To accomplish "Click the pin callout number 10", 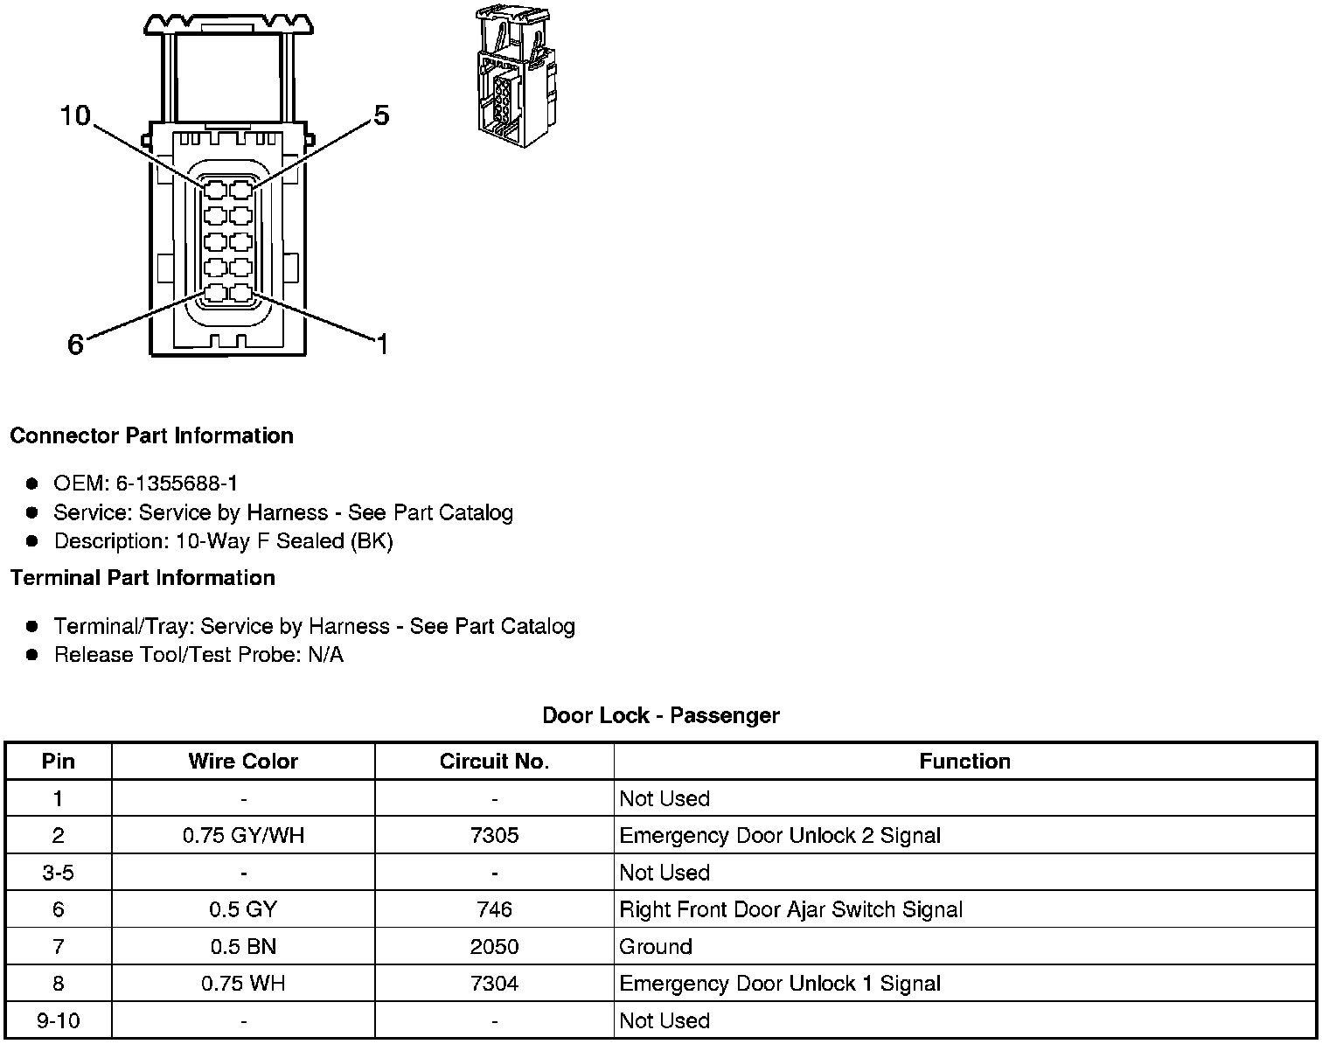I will coord(75,115).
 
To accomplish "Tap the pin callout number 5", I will coord(381,115).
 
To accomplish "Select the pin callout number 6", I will coord(76,345).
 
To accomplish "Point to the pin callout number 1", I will coord(382,345).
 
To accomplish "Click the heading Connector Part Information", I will coord(151,435).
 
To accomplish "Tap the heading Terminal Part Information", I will coord(143,578).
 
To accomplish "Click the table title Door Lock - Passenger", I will coord(661,715).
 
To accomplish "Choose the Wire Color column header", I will coord(243,762).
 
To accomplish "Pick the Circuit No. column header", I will coord(494,762).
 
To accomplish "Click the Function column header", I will coord(964,762).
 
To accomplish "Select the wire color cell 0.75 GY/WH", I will coord(243,835).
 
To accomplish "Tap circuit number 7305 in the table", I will coord(494,835).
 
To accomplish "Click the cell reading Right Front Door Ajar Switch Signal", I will coord(790,909).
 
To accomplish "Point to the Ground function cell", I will coord(656,946).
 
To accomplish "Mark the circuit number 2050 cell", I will coord(494,946).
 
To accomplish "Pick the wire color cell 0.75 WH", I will coord(243,984).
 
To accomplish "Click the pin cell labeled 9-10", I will coord(59,1020).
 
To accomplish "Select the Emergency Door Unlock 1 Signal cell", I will coord(780,984).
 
